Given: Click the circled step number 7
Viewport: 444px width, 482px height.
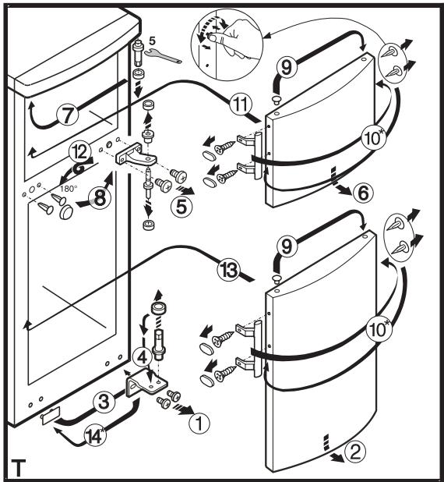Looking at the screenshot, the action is pyautogui.click(x=68, y=115).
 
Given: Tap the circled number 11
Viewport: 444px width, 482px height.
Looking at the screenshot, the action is pyautogui.click(x=241, y=105).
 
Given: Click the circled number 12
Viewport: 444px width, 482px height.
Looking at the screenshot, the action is pyautogui.click(x=79, y=152).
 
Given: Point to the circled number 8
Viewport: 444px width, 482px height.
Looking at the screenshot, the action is pyautogui.click(x=100, y=198).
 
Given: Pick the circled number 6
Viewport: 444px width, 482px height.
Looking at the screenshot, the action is pyautogui.click(x=363, y=193).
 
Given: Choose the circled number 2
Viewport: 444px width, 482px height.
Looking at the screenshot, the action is pyautogui.click(x=355, y=452).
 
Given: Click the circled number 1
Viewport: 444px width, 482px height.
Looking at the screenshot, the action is pyautogui.click(x=199, y=424).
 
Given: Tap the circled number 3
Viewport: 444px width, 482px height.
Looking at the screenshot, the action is pyautogui.click(x=104, y=402).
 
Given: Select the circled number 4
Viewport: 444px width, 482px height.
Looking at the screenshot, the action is pyautogui.click(x=143, y=357).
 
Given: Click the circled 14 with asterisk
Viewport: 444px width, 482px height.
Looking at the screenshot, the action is pyautogui.click(x=95, y=437).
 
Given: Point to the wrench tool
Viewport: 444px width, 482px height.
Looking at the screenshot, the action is pyautogui.click(x=163, y=55).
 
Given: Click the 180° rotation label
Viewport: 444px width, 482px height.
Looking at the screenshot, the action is pyautogui.click(x=67, y=189).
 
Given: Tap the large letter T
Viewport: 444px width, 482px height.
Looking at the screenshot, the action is pyautogui.click(x=19, y=468).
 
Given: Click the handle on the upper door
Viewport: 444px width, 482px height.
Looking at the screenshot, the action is pyautogui.click(x=258, y=156).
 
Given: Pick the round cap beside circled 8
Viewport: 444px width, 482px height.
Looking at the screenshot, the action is pyautogui.click(x=66, y=212).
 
